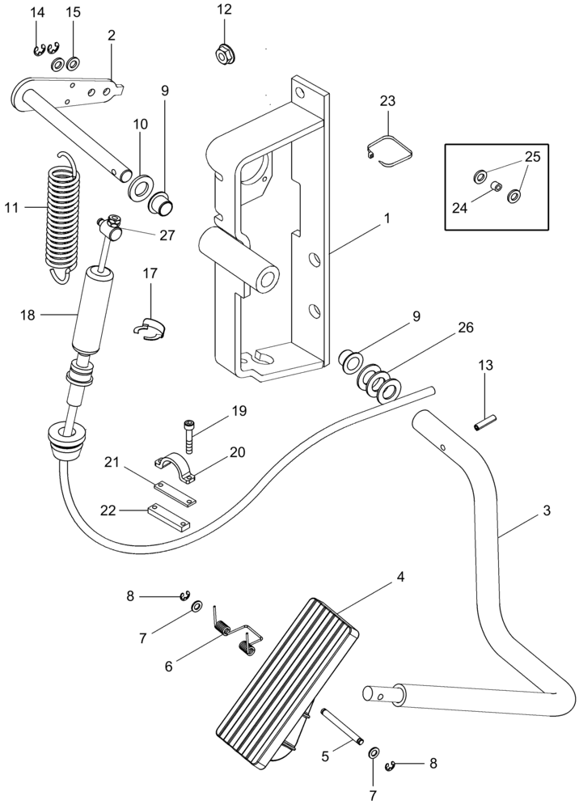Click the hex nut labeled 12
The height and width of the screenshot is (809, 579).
(224, 56)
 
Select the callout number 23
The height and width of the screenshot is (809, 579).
(388, 101)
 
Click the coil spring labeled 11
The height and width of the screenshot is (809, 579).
(61, 210)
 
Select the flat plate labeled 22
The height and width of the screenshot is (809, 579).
(169, 519)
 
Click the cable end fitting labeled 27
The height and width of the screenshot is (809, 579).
(108, 228)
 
